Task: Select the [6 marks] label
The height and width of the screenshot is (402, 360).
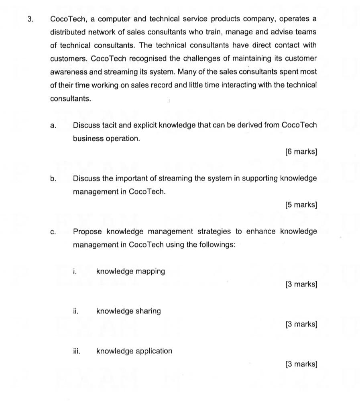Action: coord(301,152)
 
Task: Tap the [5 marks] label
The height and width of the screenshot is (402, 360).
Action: coord(301,205)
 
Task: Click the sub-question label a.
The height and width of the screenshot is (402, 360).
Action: coord(53,126)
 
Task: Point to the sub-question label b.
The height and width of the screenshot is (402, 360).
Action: coord(53,179)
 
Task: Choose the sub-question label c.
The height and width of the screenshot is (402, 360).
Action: coord(53,232)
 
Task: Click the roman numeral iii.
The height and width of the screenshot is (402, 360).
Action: coord(76,351)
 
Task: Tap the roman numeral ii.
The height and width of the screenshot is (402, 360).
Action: coord(75,311)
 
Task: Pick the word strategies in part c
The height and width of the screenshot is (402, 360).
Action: coord(214,231)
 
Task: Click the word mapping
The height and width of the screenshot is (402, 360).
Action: coord(150,272)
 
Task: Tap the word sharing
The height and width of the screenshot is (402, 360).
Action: coord(148,311)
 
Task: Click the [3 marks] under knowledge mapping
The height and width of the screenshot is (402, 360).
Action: coord(301,285)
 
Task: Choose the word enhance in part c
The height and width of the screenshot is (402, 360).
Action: coord(261,231)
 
